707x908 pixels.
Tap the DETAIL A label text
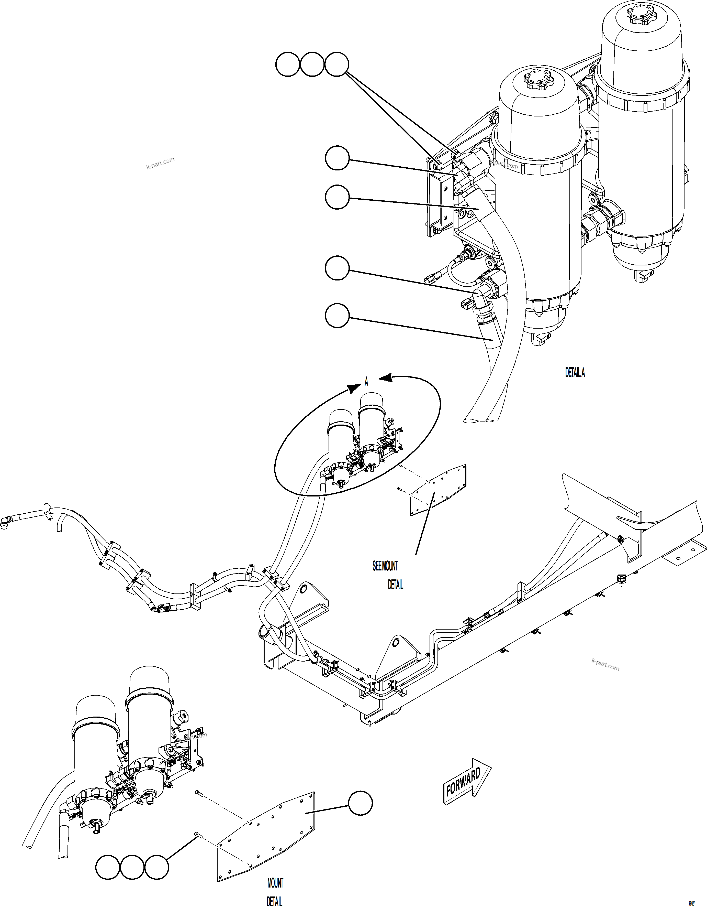click(x=575, y=373)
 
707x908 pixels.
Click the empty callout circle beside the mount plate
click(x=360, y=804)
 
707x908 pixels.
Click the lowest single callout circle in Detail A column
click(x=337, y=316)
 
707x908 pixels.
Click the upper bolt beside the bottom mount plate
click(x=198, y=793)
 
